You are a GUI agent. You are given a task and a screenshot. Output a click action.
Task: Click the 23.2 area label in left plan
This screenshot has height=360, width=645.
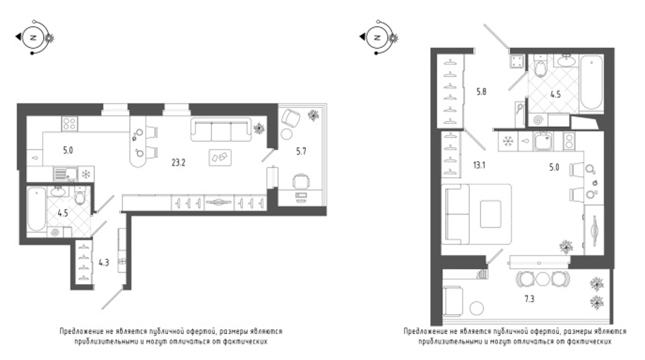coord(179,162)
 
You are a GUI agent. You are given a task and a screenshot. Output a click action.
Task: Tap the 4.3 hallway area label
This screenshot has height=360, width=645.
coord(104,262)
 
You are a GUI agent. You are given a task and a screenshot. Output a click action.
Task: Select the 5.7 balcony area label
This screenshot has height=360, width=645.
coord(301,151)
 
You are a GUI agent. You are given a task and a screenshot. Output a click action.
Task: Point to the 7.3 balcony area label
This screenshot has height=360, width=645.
coord(529,299)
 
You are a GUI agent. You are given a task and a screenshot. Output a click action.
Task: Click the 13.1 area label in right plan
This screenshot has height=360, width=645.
coord(479,166)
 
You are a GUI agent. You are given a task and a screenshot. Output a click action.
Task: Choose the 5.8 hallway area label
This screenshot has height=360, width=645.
coord(482,92)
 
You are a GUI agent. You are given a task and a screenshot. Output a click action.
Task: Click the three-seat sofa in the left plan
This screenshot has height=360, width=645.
coord(221,129)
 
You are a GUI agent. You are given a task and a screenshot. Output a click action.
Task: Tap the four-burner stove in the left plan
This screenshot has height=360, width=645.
coord(70,123)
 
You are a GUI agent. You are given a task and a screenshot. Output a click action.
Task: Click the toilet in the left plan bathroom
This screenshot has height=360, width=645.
coord(80,196)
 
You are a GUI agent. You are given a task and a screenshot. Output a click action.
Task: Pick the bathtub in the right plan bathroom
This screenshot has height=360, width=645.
coord(591,83)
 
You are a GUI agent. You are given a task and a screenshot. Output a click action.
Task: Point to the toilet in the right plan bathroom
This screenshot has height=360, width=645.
coord(540,68)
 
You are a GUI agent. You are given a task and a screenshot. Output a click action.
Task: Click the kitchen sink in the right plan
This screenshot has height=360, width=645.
coord(543,142)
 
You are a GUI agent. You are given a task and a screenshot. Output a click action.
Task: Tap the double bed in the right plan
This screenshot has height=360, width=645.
coord(476,214)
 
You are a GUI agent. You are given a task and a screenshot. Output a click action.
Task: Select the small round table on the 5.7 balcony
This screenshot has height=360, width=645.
coord(287,133)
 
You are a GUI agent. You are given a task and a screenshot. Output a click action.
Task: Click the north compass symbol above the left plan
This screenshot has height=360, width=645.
coord(35,38)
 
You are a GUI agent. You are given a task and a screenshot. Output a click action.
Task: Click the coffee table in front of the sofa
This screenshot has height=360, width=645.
coord(220,157)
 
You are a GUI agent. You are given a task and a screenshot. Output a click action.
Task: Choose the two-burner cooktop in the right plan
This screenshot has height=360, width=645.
coord(569,141)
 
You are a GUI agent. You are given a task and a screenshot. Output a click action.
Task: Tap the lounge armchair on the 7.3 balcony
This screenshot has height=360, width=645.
coord(453,300)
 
